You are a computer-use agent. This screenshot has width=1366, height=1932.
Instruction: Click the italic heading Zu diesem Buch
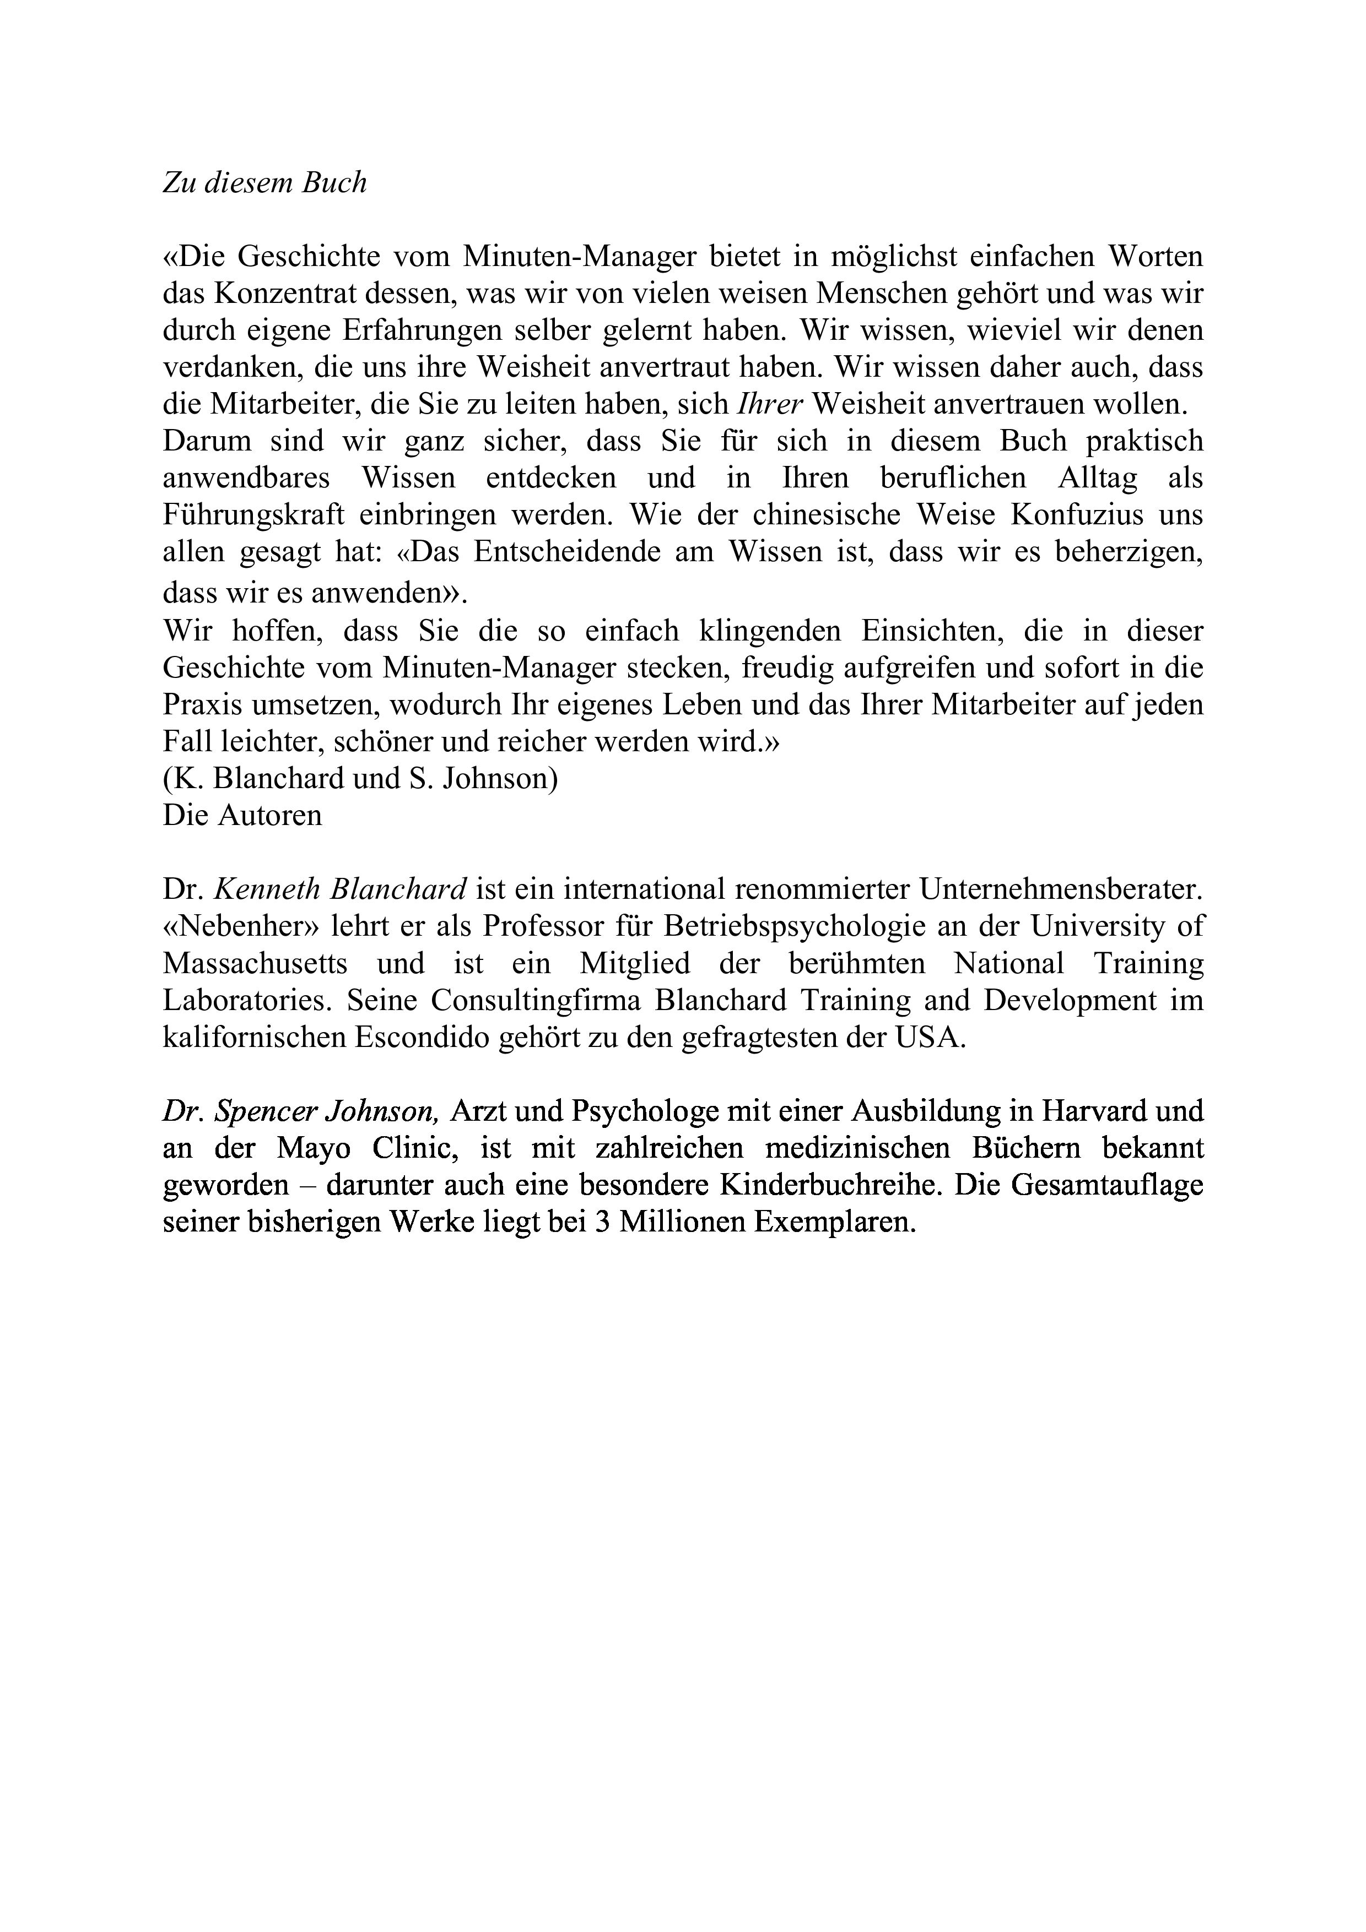point(264,183)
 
